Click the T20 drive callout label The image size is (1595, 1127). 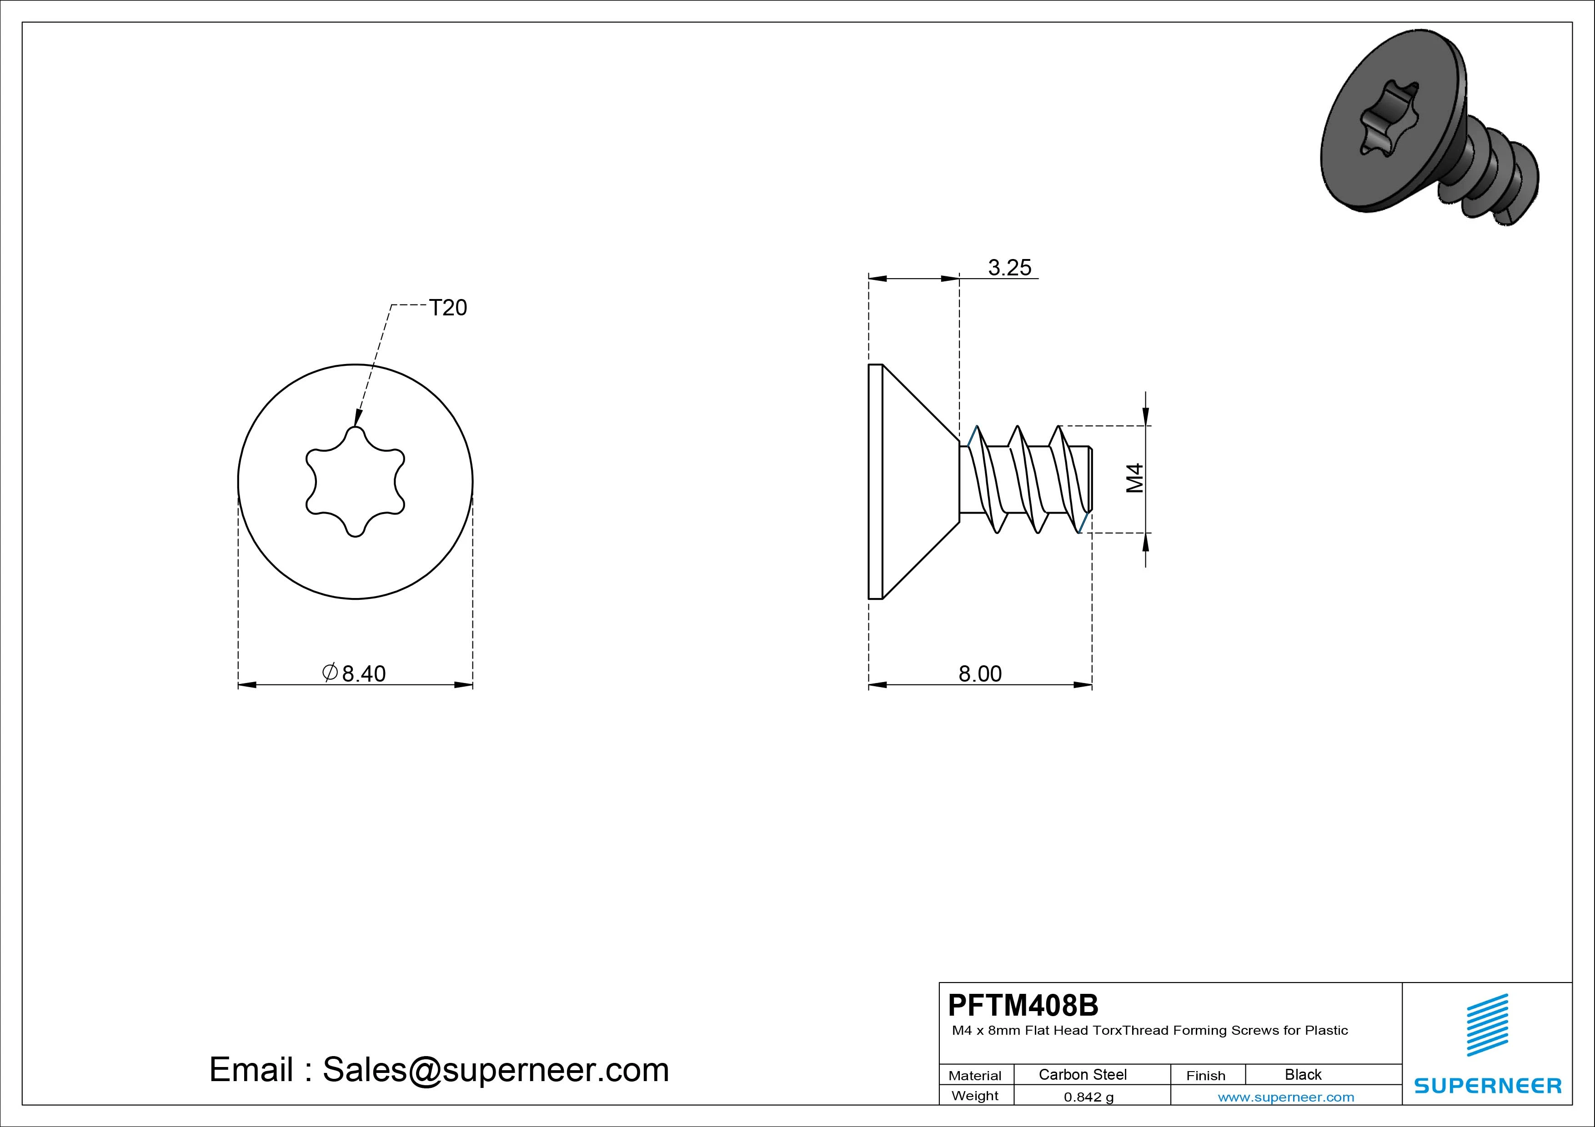(x=448, y=308)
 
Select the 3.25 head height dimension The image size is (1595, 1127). (x=1009, y=267)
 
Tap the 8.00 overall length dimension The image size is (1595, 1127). (x=980, y=673)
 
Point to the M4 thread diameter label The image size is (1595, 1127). (x=1134, y=479)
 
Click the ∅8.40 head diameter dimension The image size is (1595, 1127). (x=354, y=673)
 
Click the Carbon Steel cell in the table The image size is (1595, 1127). (x=1082, y=1074)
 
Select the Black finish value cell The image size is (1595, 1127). (x=1303, y=1074)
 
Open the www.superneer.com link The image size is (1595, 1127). (x=1286, y=1097)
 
